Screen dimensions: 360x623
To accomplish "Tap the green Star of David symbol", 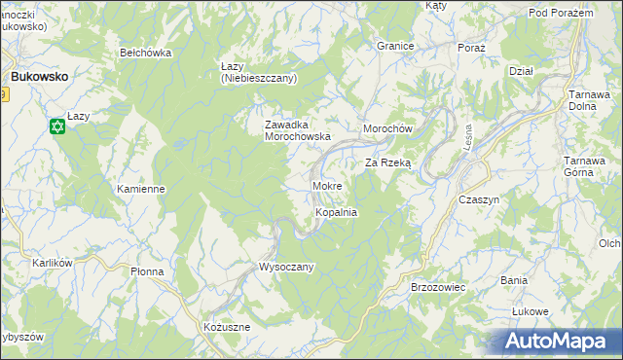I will pyautogui.click(x=57, y=126).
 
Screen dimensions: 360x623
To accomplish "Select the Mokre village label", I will pyautogui.click(x=326, y=185).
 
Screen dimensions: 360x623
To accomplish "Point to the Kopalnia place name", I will pyautogui.click(x=336, y=211).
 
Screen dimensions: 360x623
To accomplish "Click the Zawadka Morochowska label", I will pyautogui.click(x=299, y=131).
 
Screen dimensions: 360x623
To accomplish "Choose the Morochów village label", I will pyautogui.click(x=388, y=129).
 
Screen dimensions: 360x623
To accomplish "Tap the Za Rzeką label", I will pyautogui.click(x=388, y=163).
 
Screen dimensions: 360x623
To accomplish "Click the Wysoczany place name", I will pyautogui.click(x=286, y=267).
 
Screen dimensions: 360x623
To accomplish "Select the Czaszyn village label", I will pyautogui.click(x=478, y=198).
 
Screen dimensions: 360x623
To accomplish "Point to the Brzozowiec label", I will pyautogui.click(x=439, y=288).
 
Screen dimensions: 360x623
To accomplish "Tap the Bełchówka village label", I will pyautogui.click(x=145, y=53).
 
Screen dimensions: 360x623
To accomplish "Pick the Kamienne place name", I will pyautogui.click(x=140, y=189).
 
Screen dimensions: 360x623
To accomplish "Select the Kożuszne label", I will pyautogui.click(x=227, y=328).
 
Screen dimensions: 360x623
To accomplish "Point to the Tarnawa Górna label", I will pyautogui.click(x=588, y=167).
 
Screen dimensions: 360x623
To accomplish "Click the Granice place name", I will pyautogui.click(x=396, y=46).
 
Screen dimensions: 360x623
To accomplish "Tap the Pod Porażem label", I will pyautogui.click(x=561, y=12).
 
